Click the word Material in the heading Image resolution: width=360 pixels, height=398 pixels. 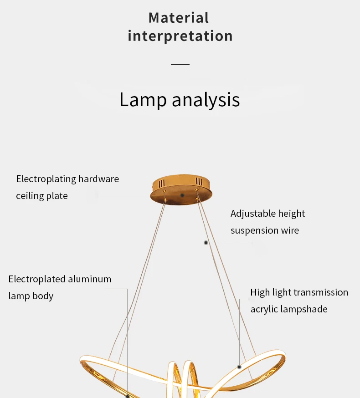click(179, 18)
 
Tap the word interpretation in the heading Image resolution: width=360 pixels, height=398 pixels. click(180, 36)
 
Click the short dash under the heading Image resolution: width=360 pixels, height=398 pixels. click(180, 64)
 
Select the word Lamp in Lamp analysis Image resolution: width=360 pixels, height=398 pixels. click(143, 100)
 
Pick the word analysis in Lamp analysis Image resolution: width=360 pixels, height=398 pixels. click(206, 100)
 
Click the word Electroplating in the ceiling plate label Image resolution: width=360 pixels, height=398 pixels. click(46, 179)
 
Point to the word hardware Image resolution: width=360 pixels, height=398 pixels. click(98, 179)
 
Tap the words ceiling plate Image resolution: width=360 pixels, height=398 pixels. click(42, 196)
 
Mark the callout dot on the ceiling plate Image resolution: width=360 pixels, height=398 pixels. click(182, 195)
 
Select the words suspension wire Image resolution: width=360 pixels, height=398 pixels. click(265, 230)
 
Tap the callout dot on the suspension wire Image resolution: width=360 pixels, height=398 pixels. click(206, 243)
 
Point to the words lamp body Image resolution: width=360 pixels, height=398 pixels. click(31, 296)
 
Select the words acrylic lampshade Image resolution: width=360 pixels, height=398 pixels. click(289, 309)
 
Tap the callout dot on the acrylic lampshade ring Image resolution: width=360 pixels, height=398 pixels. click(239, 367)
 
